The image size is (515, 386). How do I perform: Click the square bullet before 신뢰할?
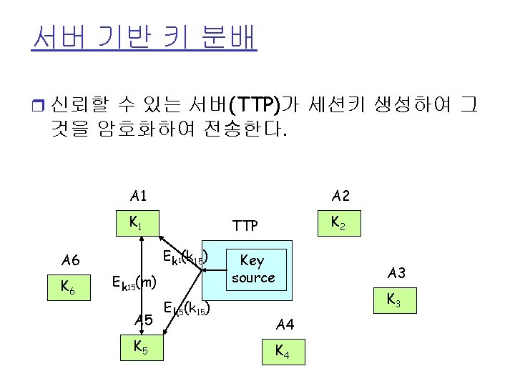click(37, 107)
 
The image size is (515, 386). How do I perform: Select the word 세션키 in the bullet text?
click(335, 105)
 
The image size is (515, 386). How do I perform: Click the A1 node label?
click(139, 196)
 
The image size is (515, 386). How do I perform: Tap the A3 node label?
click(396, 273)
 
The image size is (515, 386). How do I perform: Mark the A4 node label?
click(285, 325)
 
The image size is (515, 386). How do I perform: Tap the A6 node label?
click(71, 260)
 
